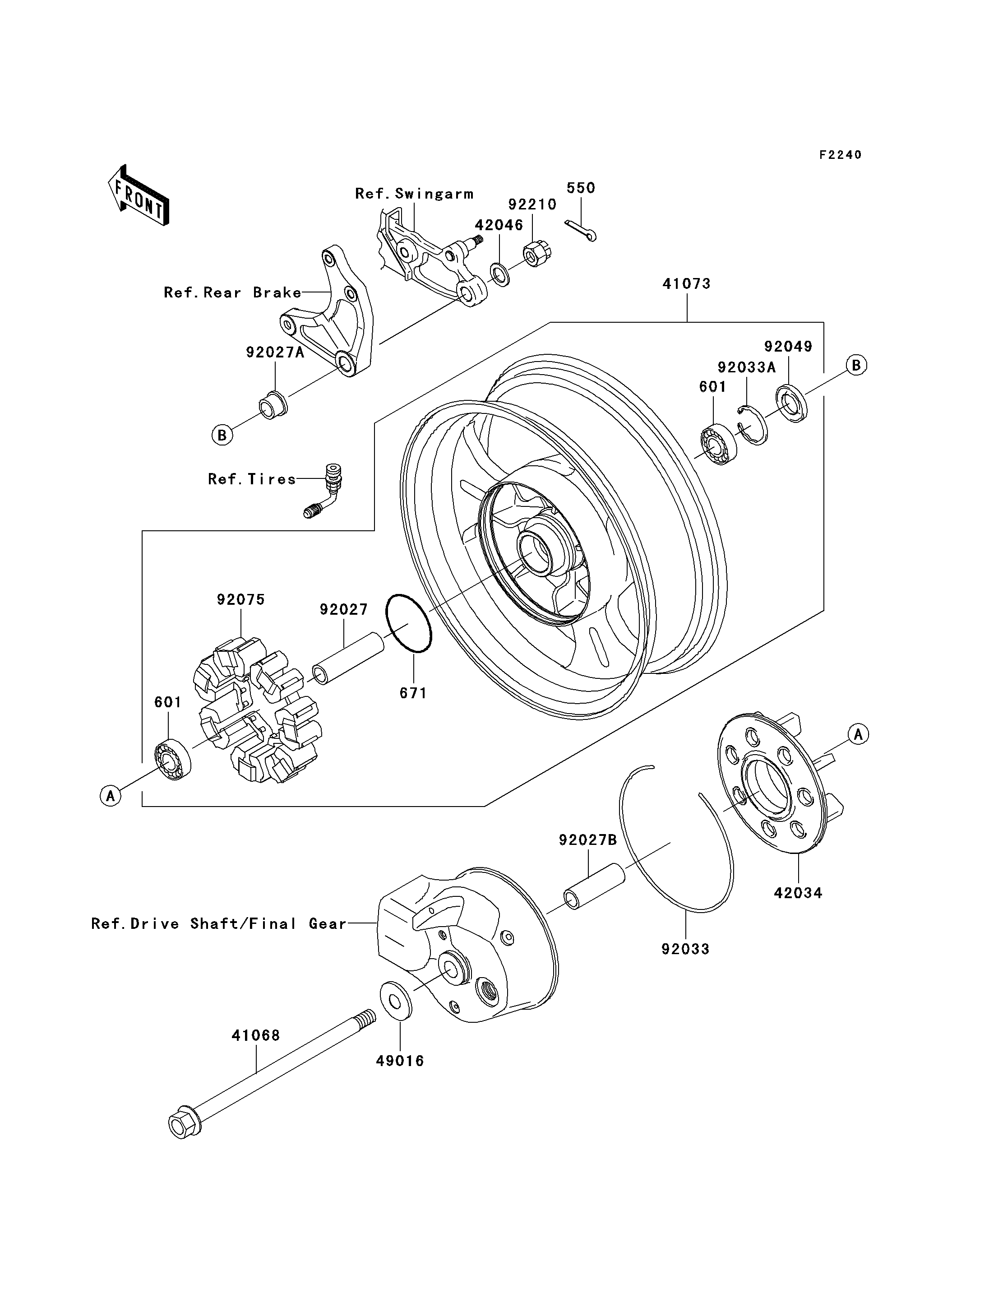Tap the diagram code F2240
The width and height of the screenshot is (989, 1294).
coord(841,155)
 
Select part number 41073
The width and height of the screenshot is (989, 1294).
coord(686,284)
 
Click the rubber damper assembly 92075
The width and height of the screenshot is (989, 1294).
coord(257,710)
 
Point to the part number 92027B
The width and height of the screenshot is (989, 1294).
coord(588,840)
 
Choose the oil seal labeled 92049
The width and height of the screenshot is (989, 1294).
coord(792,403)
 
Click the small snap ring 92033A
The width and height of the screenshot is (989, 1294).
coord(753,425)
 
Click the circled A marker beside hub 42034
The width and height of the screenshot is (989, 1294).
coord(858,734)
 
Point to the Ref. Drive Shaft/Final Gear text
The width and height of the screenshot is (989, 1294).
coord(219,923)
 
